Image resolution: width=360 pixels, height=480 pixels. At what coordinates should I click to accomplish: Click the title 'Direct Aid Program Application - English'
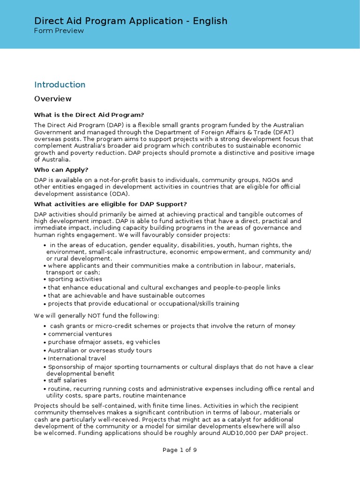coord(131,21)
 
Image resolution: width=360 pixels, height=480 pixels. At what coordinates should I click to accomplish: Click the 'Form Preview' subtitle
coord(59,31)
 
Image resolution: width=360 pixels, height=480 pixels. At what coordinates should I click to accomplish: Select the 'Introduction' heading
coord(60,85)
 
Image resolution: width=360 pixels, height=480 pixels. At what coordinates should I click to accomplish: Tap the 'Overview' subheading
coord(53,99)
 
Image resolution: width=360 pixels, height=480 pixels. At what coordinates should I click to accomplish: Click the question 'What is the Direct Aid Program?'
coord(89,115)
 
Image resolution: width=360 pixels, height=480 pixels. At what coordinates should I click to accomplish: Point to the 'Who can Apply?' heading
coord(61,170)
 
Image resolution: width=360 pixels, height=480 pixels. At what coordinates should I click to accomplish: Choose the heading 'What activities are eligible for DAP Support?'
coord(111,204)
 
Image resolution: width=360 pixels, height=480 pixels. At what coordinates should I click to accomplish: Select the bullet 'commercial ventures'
coord(80,334)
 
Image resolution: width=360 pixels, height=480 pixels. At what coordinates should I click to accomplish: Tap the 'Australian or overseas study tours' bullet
coord(100,351)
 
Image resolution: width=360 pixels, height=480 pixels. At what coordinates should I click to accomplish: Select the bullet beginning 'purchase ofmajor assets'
coord(104,342)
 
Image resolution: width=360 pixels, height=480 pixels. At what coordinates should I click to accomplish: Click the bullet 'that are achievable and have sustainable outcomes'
coord(126,296)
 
